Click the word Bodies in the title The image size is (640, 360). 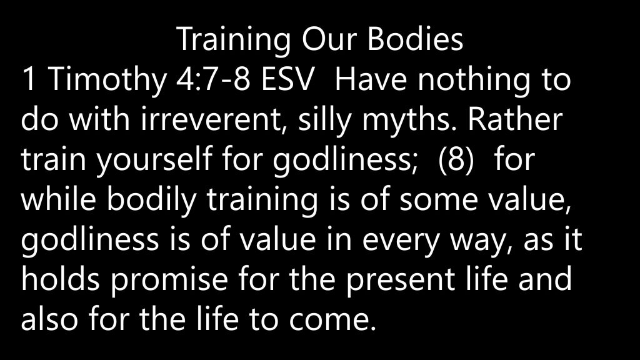(x=415, y=39)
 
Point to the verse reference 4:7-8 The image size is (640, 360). (x=213, y=79)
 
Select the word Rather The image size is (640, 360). (x=515, y=118)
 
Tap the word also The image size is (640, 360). (x=49, y=318)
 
